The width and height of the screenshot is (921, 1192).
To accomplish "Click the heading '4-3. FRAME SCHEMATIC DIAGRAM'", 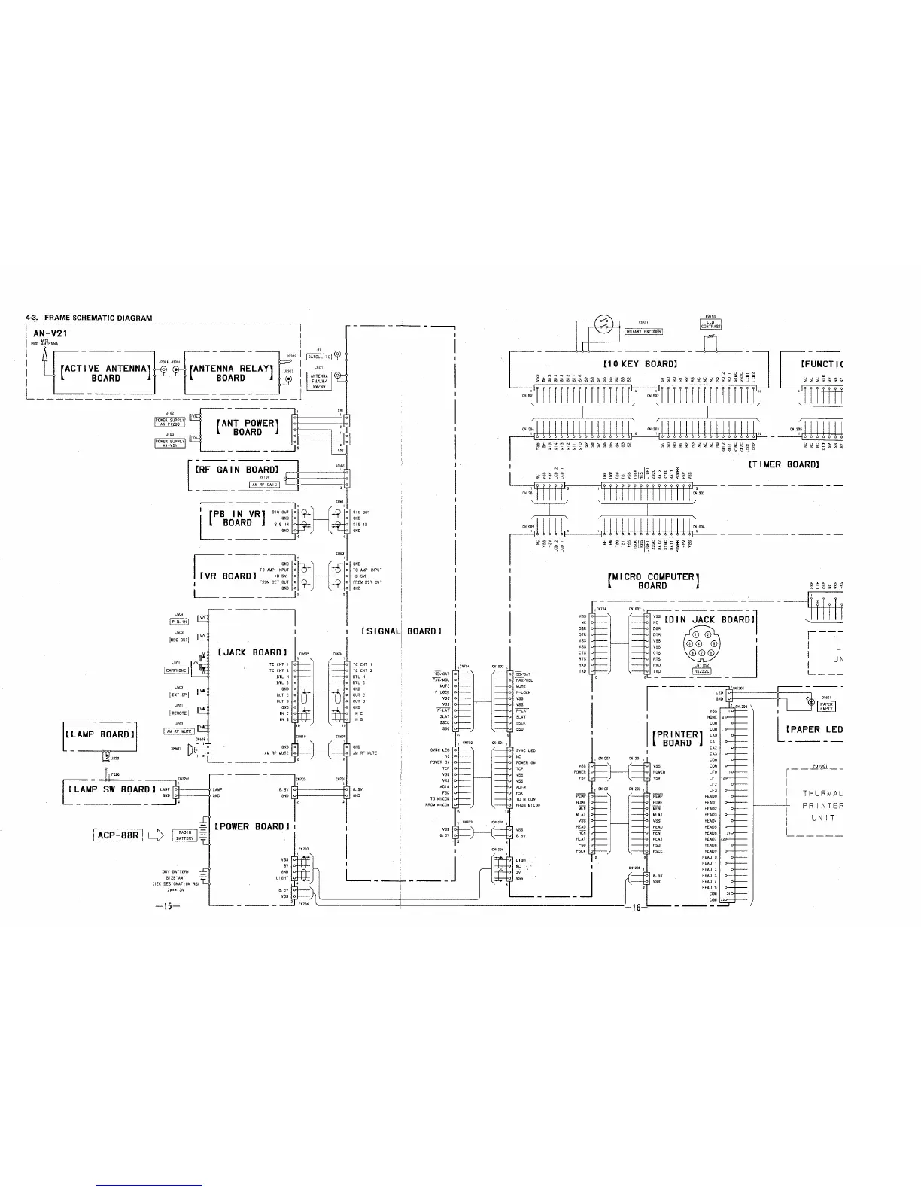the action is click(x=89, y=318).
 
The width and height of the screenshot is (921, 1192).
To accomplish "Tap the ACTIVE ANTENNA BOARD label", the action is click(x=105, y=372).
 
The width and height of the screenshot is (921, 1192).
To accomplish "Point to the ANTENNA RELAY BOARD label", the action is click(x=230, y=372).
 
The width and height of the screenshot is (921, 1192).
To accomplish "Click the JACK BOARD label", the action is click(x=252, y=652).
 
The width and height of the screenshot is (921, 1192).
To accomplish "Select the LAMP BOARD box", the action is click(x=100, y=734).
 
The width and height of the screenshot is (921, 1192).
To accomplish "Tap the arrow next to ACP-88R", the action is click(x=156, y=835).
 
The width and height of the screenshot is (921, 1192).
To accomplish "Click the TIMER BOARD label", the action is click(x=783, y=464).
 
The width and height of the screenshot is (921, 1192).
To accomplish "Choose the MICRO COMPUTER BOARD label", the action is click(x=653, y=581).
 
